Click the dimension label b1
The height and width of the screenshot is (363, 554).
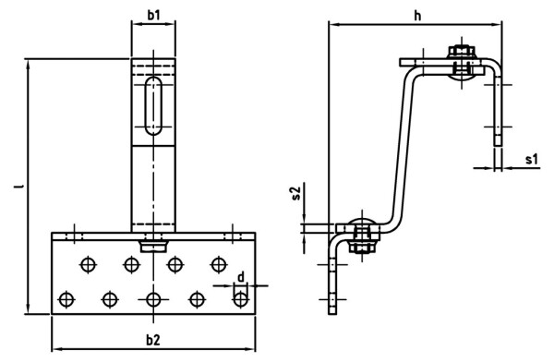pyautogui.click(x=153, y=15)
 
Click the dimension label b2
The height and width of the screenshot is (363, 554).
pyautogui.click(x=153, y=340)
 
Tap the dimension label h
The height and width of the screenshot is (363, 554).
pyautogui.click(x=416, y=15)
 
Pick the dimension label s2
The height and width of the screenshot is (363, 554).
pyautogui.click(x=295, y=193)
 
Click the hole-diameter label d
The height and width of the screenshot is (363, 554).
pyautogui.click(x=240, y=277)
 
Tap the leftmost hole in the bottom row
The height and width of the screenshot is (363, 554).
pyautogui.click(x=66, y=298)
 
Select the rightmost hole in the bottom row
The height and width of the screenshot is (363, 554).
pyautogui.click(x=240, y=298)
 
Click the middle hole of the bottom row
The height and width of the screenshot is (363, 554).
pyautogui.click(x=153, y=298)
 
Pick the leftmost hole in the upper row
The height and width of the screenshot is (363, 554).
pyautogui.click(x=88, y=264)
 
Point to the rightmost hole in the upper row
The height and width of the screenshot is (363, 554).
pyautogui.click(x=218, y=264)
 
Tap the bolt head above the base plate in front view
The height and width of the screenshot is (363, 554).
pyautogui.click(x=153, y=246)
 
